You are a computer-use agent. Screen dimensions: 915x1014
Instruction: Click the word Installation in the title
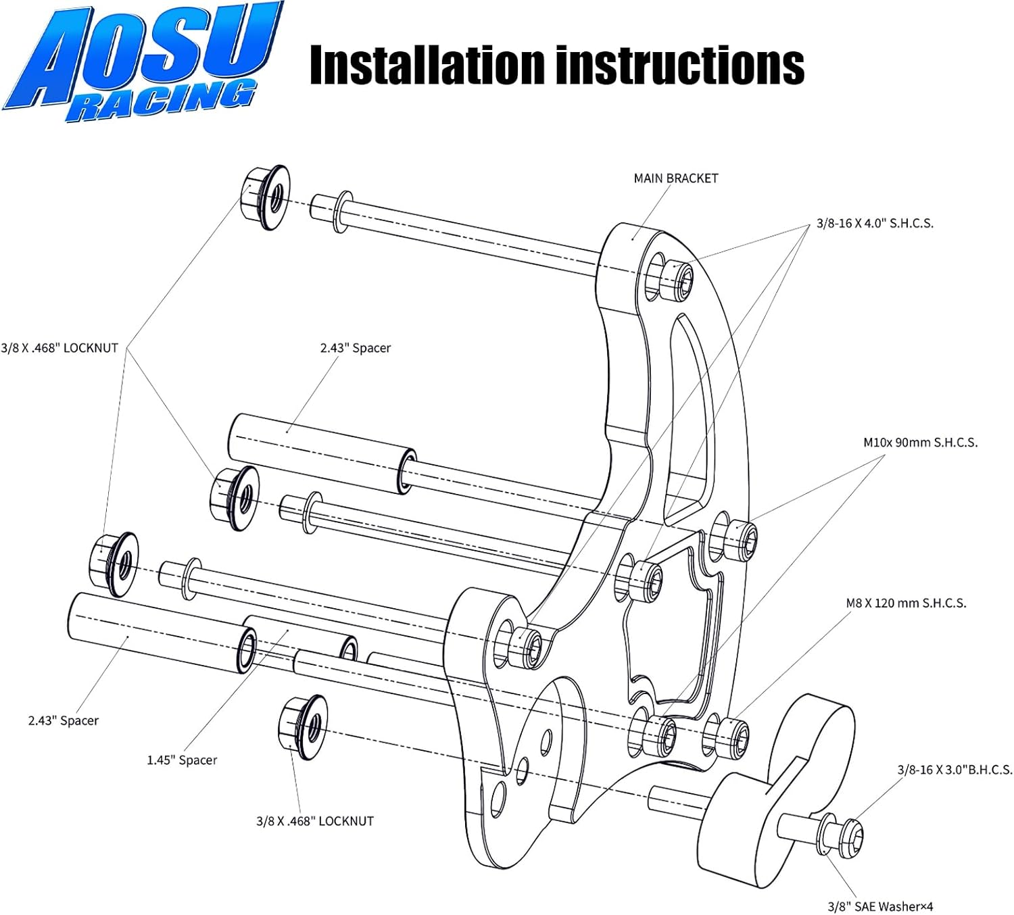pos(426,66)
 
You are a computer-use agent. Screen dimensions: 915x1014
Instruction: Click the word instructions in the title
pos(679,66)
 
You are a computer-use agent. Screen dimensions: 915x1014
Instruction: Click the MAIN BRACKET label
pos(675,178)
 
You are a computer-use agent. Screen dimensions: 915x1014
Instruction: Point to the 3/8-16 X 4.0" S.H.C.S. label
pos(875,224)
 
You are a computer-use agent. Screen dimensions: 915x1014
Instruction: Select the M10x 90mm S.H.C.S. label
pos(920,443)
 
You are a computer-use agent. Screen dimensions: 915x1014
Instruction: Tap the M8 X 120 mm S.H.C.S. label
pos(906,603)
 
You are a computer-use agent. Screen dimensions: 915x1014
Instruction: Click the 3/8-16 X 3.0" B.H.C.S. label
pos(955,770)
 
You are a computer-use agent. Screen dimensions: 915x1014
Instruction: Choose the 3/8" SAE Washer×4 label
pos(880,906)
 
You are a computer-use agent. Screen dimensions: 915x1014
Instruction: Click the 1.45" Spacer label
pos(182,760)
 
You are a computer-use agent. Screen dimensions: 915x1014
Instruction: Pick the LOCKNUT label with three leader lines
pos(59,348)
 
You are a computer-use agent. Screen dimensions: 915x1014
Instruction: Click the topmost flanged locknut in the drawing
pos(265,196)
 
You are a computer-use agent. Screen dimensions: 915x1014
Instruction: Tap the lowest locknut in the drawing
pos(303,727)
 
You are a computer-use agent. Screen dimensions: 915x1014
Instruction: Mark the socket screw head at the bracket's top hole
pos(677,278)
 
